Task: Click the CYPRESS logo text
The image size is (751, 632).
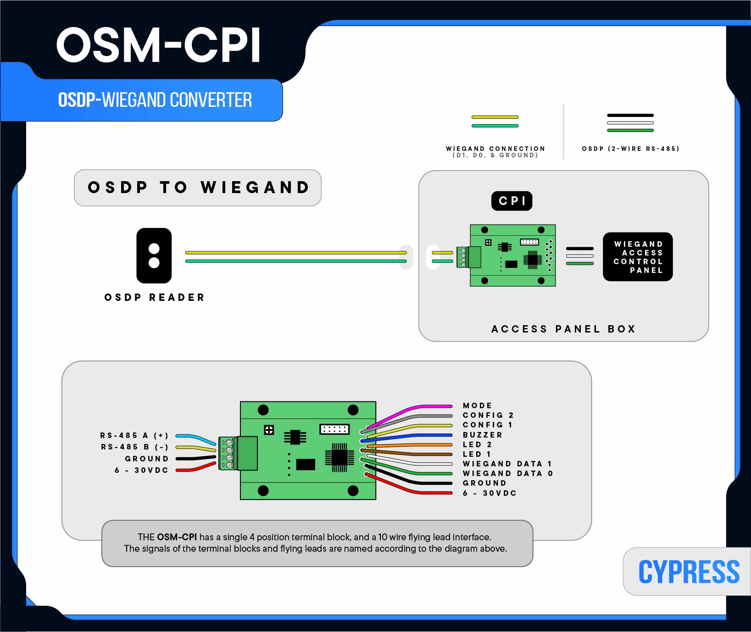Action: [689, 572]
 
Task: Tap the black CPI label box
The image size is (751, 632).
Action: [512, 201]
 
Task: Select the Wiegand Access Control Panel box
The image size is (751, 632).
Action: [638, 257]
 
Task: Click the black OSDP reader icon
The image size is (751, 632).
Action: [154, 255]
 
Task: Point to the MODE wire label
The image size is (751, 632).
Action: [477, 405]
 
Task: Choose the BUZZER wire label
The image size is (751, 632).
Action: [482, 435]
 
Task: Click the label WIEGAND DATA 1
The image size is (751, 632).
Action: [507, 464]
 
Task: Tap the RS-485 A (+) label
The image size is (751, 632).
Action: [134, 435]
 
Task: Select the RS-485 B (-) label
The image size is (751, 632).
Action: [134, 447]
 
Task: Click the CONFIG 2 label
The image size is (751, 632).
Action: [488, 415]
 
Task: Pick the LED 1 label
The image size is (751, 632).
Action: [477, 454]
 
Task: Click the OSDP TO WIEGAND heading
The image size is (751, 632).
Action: [198, 188]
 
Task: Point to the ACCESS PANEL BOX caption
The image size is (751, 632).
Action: [563, 329]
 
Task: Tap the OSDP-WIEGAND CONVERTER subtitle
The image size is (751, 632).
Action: [155, 100]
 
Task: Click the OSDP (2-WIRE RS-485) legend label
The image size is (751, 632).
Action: [630, 149]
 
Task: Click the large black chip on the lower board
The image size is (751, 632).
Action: [339, 457]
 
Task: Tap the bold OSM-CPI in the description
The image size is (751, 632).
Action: [177, 537]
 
